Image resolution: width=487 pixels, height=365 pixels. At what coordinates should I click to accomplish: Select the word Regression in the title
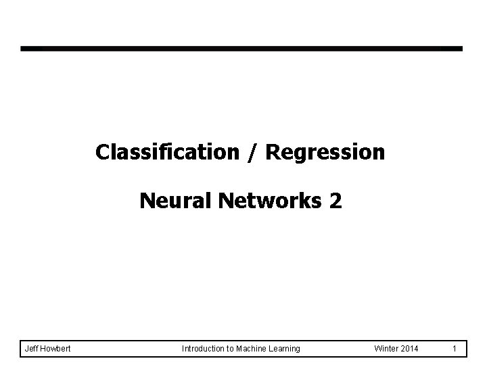point(325,153)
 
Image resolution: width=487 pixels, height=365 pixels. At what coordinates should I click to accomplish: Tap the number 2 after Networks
point(336,201)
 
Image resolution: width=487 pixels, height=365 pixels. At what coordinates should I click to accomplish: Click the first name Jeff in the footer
point(31,348)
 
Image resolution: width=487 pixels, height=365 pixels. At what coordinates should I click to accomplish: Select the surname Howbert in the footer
point(55,348)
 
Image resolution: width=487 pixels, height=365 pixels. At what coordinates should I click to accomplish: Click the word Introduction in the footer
point(203,348)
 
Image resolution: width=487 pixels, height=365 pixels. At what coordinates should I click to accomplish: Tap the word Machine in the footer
point(252,348)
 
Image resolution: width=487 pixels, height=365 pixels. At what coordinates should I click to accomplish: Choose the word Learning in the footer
point(285,348)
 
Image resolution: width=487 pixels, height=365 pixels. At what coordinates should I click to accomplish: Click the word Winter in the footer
point(387,348)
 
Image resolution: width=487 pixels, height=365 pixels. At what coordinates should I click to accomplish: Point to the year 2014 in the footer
point(411,348)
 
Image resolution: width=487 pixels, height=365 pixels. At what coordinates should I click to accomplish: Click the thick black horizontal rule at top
point(241,49)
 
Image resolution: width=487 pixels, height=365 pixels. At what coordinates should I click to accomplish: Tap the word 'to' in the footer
point(230,348)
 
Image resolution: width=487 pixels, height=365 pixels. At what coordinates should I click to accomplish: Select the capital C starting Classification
point(102,153)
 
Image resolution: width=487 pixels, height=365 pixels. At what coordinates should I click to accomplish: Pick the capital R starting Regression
point(272,153)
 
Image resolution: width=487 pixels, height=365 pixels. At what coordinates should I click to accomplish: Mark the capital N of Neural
point(147,201)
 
